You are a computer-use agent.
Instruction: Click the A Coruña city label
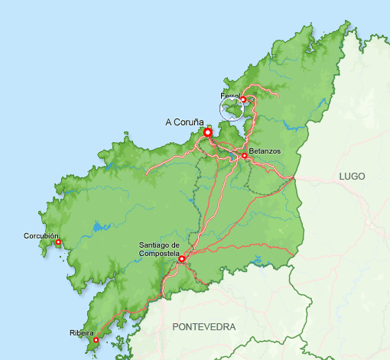click(184, 122)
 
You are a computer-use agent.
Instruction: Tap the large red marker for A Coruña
click(207, 132)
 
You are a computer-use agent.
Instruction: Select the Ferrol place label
click(229, 96)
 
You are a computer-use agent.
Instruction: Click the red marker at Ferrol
click(243, 99)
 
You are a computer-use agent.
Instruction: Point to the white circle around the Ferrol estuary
click(233, 109)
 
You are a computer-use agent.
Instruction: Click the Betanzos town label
click(265, 151)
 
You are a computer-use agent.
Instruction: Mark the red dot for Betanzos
click(244, 156)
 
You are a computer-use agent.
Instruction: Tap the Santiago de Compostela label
click(159, 249)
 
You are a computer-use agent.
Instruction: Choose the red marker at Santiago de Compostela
click(181, 259)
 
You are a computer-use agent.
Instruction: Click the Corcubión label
click(41, 236)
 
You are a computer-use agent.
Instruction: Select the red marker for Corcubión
click(58, 243)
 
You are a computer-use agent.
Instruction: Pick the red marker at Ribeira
click(96, 340)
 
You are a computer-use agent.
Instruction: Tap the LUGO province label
click(353, 177)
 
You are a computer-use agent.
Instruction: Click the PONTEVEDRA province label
click(204, 326)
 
